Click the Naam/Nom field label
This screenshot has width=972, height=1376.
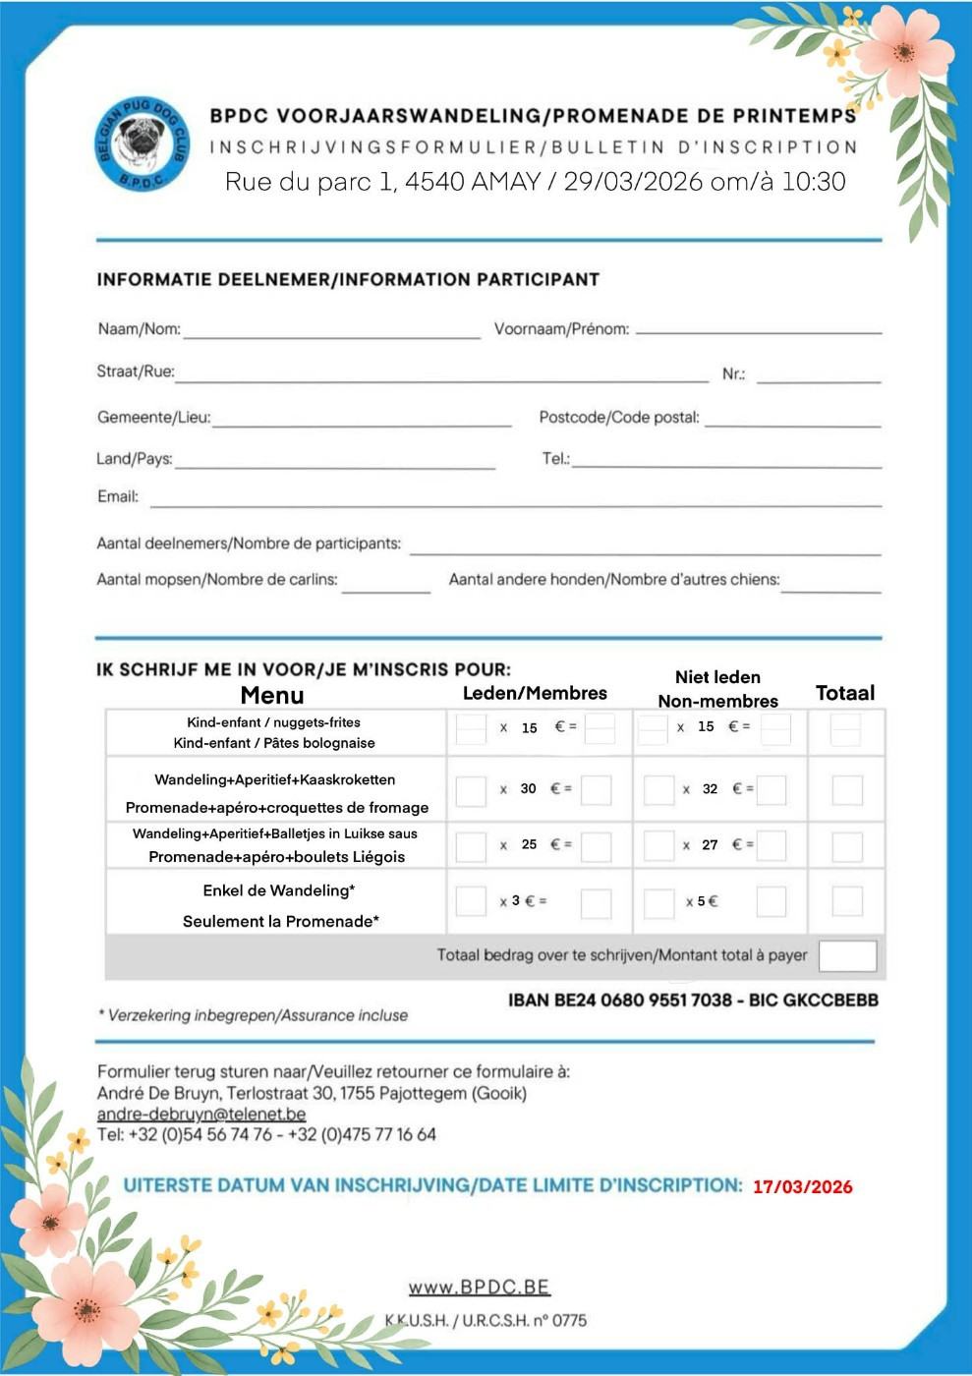pos(139,329)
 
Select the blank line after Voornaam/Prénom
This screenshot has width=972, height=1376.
pos(758,331)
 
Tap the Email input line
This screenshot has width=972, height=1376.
pos(515,503)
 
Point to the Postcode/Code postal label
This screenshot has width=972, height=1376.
pos(619,418)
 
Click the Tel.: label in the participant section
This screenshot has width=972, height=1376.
pos(555,459)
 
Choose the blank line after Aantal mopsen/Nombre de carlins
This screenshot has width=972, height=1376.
pos(385,590)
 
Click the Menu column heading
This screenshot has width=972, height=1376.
pos(272,696)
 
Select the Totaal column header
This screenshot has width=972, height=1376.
pos(844,693)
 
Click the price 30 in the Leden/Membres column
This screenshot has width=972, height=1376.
pos(528,789)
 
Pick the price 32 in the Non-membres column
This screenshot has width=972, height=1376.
pos(710,789)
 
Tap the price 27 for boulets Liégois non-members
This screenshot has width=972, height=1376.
pos(710,845)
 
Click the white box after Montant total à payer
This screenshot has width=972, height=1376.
pos(846,955)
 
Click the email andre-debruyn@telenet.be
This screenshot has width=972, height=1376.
pos(201,1114)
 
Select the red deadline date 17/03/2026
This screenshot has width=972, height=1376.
pos(802,1187)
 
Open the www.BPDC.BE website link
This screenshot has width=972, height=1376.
pos(479,1288)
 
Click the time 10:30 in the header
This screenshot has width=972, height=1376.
pos(813,182)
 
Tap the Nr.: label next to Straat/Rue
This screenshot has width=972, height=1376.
pos(733,374)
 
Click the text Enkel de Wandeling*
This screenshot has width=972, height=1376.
pos(279,890)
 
